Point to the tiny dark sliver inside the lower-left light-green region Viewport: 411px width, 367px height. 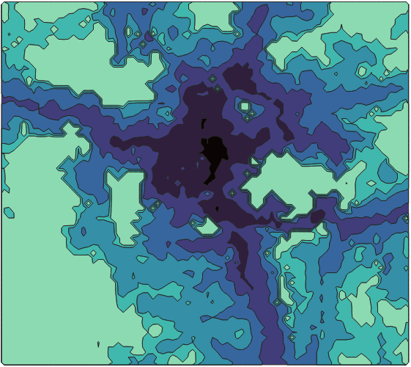coord(98,343)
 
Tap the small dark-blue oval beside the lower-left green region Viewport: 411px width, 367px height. coord(83,231)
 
